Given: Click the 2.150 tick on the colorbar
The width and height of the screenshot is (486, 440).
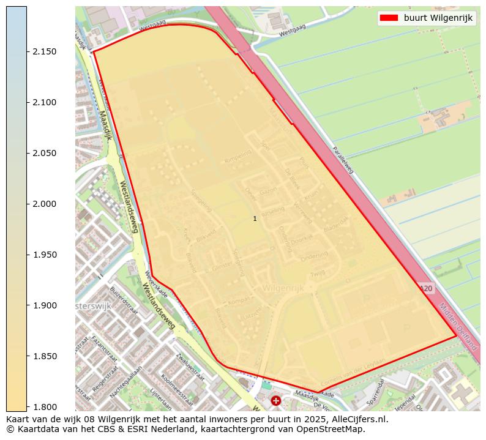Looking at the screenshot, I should tap(27, 51).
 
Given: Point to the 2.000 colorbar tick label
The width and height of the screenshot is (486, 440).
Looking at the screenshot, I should tap(45, 204).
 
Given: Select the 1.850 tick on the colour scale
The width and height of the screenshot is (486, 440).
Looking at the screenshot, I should tap(27, 356).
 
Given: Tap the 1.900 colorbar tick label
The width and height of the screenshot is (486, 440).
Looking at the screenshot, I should tap(45, 305).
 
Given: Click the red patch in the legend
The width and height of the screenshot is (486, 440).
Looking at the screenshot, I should tap(389, 18).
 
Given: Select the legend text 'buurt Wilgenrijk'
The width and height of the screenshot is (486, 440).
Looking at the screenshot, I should tap(438, 18).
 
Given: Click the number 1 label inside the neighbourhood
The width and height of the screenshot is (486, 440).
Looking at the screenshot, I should tap(255, 218).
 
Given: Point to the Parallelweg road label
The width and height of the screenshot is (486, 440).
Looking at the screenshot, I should tap(343, 160).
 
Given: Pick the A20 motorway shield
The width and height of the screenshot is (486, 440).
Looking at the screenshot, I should tap(427, 288).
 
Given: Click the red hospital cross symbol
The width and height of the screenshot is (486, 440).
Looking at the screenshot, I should tap(276, 401).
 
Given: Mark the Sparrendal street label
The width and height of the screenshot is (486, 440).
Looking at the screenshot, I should tap(373, 392).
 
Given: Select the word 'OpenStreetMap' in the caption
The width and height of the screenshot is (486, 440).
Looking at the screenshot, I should tap(334, 429).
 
